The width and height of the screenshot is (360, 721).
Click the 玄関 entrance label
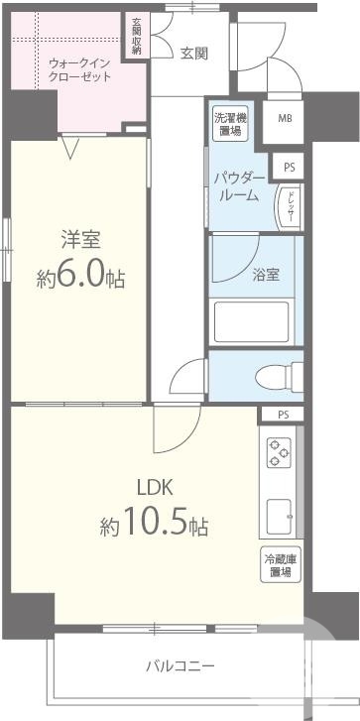(x=193, y=54)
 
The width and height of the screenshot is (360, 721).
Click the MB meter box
(x=284, y=119)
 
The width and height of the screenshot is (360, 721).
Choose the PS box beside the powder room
(x=289, y=167)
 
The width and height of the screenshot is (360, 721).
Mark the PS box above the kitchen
(x=284, y=415)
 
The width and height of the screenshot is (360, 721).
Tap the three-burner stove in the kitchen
(x=279, y=453)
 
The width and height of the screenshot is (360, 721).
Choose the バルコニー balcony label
(x=180, y=665)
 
